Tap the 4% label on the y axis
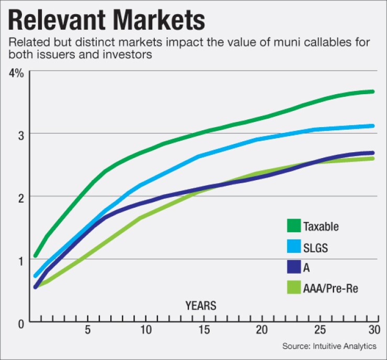click(x=16, y=73)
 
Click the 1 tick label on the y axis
click(x=20, y=260)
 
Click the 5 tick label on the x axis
click(x=88, y=331)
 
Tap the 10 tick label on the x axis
click(x=145, y=331)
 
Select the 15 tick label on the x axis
click(x=203, y=331)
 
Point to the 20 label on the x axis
click(x=261, y=331)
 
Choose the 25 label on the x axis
click(x=320, y=331)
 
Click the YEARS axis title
click(x=201, y=305)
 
